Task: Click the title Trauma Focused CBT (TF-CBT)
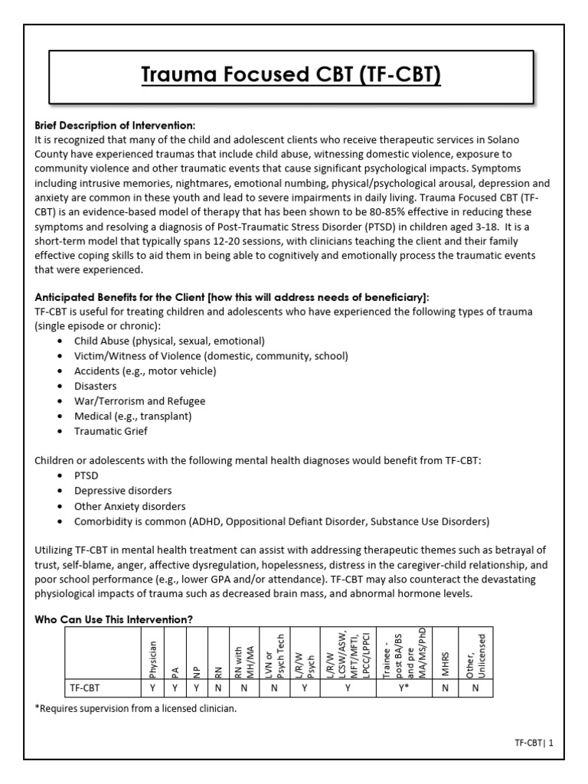[x=294, y=77]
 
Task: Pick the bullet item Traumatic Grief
[x=112, y=431]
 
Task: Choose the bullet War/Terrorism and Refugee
[x=139, y=401]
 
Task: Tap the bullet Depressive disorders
[x=122, y=491]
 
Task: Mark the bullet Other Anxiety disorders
[x=129, y=506]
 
